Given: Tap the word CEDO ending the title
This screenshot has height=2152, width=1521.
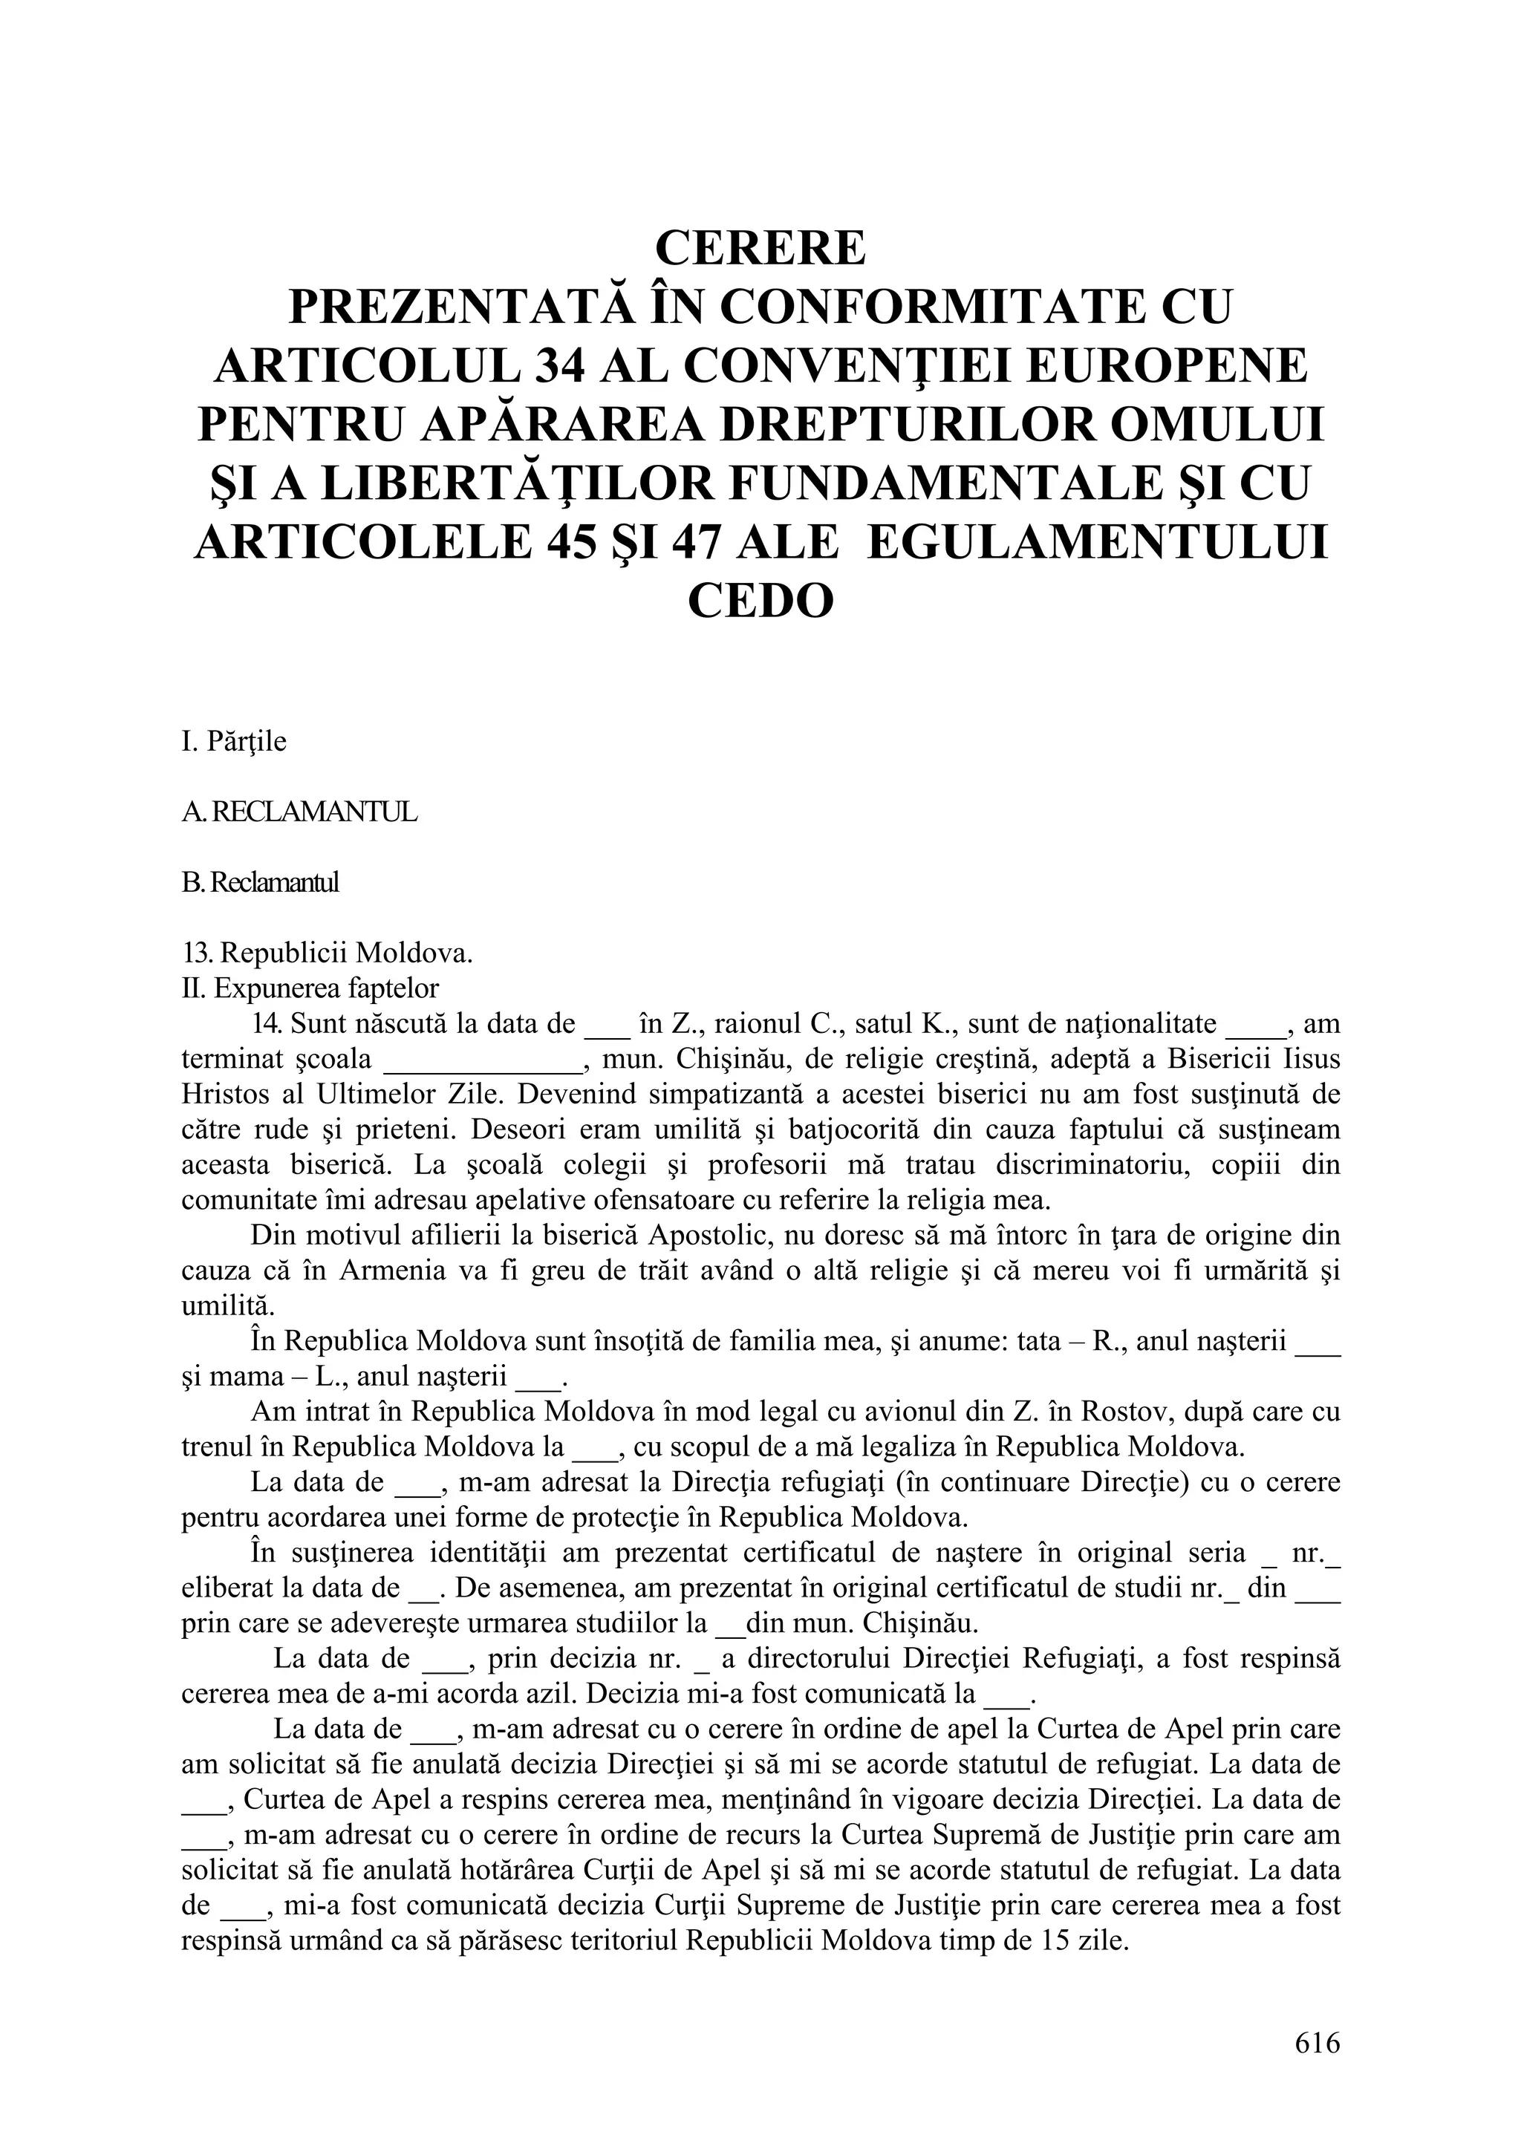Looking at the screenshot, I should click(760, 601).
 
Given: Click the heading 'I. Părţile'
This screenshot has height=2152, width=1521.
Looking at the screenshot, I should click(234, 741).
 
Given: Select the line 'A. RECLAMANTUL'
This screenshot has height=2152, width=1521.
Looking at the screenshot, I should click(299, 812).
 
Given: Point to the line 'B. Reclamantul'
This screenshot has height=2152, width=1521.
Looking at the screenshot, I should click(260, 883).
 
